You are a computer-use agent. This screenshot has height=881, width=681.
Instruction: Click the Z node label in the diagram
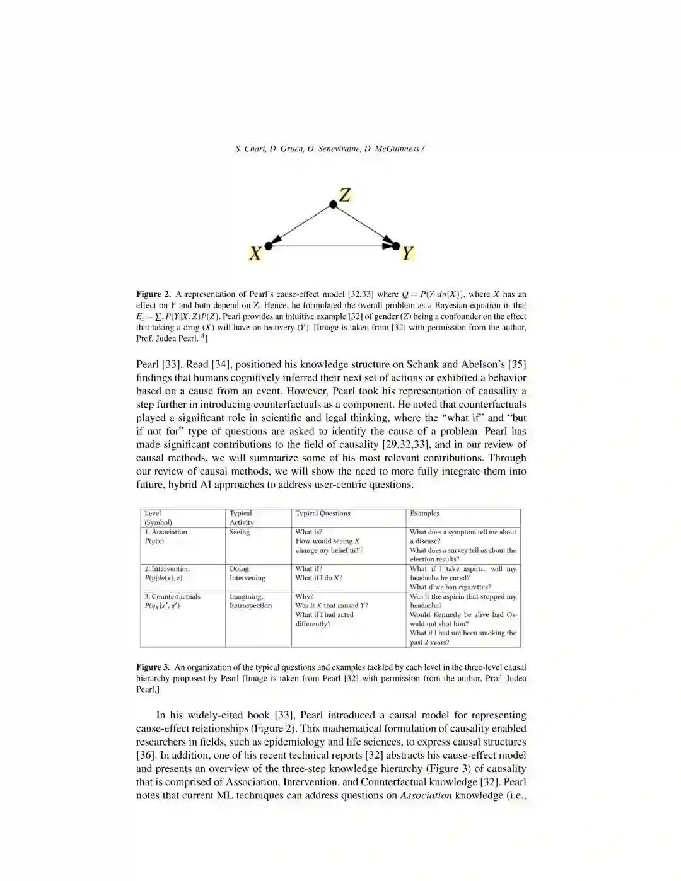(x=344, y=195)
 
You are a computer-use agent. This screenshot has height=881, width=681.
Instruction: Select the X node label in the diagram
(x=255, y=253)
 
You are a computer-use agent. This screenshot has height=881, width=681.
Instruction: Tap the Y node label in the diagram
(x=407, y=253)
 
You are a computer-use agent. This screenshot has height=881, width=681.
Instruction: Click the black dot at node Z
(x=333, y=204)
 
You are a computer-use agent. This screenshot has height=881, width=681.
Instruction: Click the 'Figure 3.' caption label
(x=153, y=667)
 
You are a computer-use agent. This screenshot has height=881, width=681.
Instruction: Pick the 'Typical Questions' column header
(x=323, y=514)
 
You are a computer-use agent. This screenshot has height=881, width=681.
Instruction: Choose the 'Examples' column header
(x=424, y=514)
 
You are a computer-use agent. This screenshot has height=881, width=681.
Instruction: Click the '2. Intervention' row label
(x=167, y=569)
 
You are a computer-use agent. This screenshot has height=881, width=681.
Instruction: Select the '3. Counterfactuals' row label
(x=172, y=597)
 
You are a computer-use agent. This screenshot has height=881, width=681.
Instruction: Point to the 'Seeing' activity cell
(x=240, y=533)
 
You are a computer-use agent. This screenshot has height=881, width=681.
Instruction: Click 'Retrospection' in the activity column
(x=250, y=606)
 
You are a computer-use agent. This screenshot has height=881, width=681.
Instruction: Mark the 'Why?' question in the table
(x=305, y=597)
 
